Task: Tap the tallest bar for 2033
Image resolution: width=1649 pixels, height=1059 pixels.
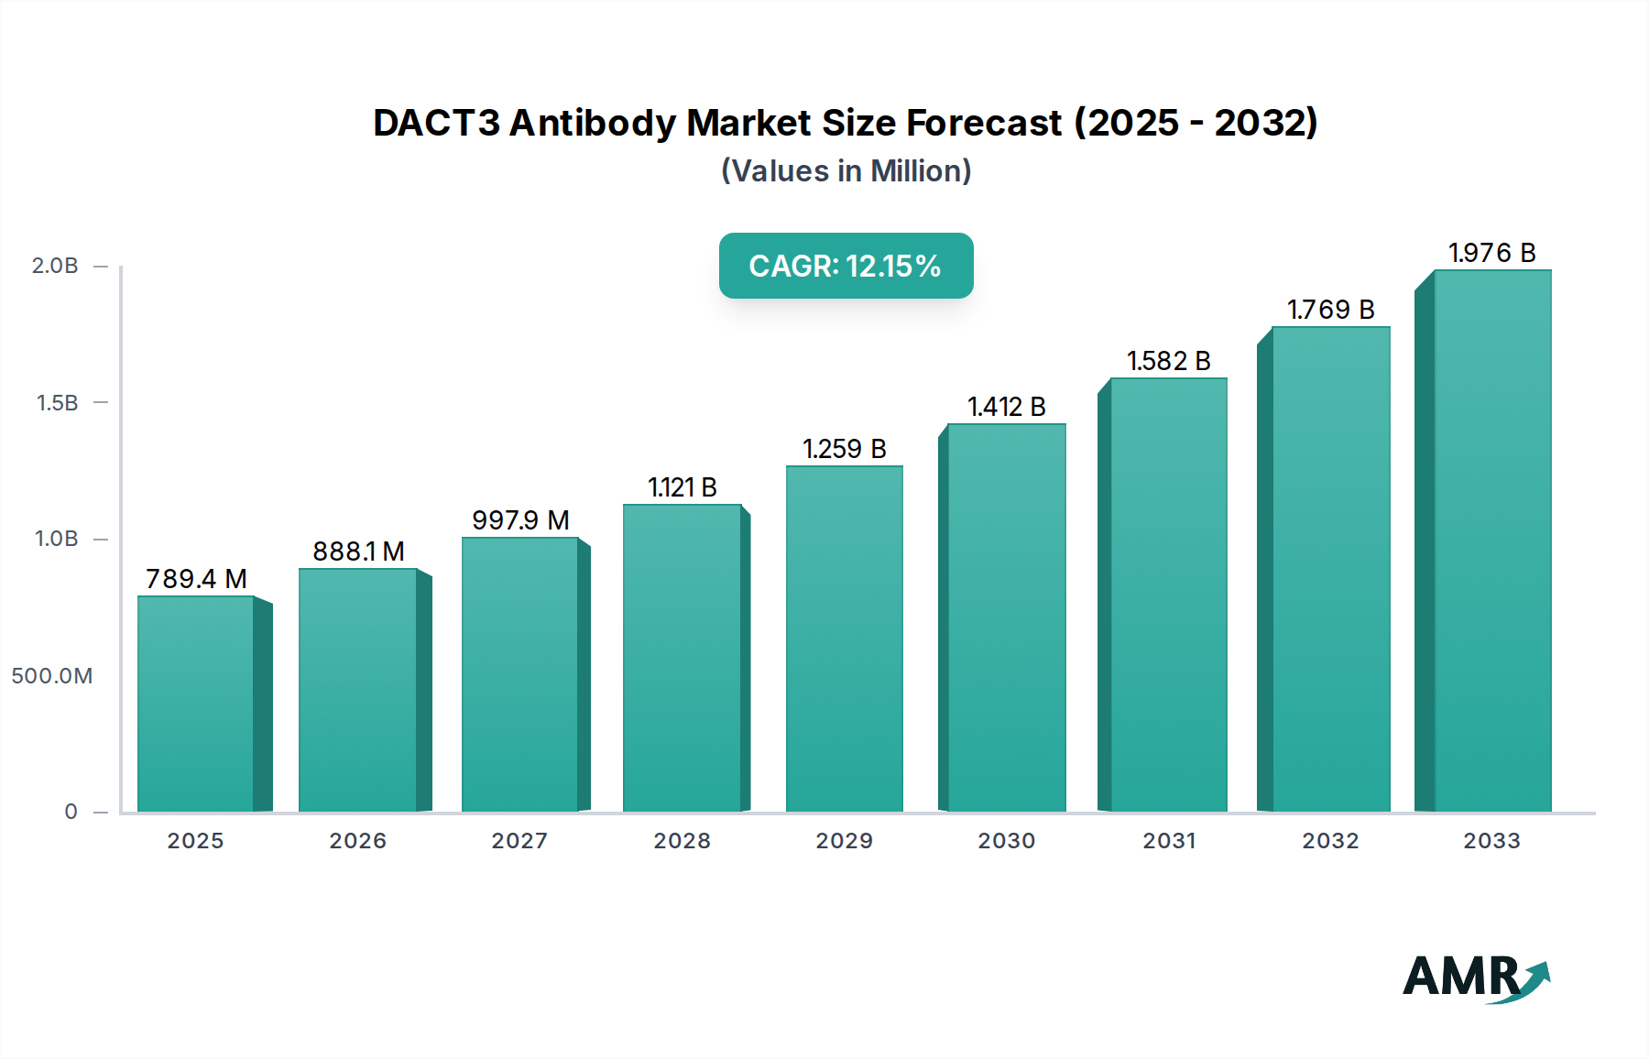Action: click(x=1492, y=540)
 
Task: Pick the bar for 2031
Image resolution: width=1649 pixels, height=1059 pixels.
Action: click(x=1168, y=595)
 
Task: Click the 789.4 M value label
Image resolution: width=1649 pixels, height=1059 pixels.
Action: click(x=196, y=579)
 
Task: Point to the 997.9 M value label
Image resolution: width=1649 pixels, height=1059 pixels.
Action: click(x=520, y=520)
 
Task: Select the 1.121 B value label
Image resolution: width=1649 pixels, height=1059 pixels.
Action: click(x=682, y=487)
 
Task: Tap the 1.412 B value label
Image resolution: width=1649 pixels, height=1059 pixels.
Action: click(x=1006, y=407)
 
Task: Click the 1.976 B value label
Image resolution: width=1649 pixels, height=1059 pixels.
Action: click(x=1491, y=253)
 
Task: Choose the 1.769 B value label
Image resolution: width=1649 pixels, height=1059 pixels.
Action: click(x=1330, y=310)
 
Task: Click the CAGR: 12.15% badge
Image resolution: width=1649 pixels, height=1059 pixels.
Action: click(x=846, y=266)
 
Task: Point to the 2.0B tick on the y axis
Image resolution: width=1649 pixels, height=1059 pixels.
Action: click(x=55, y=266)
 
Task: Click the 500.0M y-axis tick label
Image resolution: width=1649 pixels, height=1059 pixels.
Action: click(x=52, y=676)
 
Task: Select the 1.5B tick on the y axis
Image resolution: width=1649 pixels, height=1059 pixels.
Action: click(x=57, y=403)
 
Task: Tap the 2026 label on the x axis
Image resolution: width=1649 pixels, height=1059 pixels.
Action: click(x=357, y=841)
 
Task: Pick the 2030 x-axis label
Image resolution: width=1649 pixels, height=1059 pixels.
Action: click(x=1006, y=841)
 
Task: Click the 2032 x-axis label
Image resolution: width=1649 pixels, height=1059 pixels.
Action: click(x=1330, y=841)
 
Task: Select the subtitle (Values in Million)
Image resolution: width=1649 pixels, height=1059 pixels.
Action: click(x=846, y=171)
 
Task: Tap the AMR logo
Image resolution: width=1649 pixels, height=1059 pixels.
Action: click(x=1475, y=977)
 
